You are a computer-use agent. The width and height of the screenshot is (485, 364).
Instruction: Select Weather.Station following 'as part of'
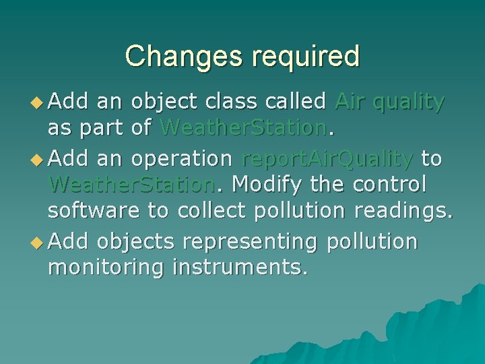coord(243,127)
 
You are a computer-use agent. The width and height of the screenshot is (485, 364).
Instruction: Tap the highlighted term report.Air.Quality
coord(327,158)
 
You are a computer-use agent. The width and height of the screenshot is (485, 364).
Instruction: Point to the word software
coord(94,211)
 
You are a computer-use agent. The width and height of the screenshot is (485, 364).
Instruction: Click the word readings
coord(397,212)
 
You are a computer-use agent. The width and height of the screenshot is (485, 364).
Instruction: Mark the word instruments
coord(240,268)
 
